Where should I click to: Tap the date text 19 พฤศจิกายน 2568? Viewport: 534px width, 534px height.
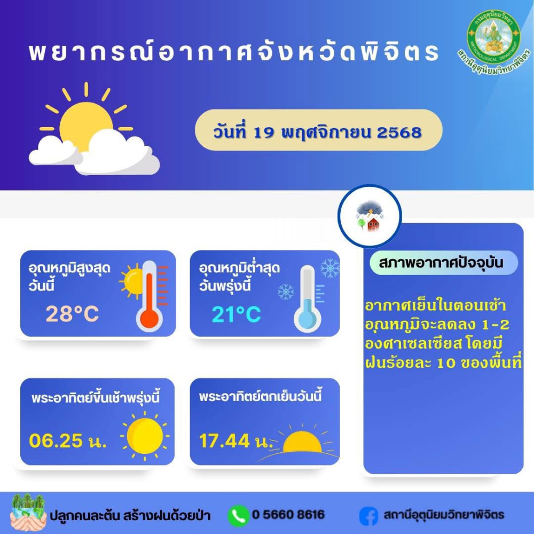tap(337, 132)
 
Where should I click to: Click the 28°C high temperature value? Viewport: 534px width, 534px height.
tap(72, 313)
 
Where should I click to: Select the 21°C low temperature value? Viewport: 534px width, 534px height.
tap(236, 315)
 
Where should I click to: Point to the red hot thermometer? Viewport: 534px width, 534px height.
tap(150, 296)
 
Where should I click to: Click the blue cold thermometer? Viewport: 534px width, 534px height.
tap(308, 299)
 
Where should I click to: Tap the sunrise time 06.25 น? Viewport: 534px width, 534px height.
tap(68, 441)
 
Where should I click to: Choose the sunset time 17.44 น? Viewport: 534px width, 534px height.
tap(235, 441)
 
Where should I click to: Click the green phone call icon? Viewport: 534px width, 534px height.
tap(238, 515)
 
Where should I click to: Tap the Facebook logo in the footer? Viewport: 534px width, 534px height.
tap(368, 516)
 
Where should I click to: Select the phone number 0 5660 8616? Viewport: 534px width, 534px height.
tap(288, 514)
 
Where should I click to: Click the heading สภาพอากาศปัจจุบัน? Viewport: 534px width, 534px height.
tap(441, 263)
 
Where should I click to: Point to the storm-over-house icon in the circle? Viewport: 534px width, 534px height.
tap(370, 216)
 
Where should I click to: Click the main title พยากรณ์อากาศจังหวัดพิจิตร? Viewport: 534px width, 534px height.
tap(234, 52)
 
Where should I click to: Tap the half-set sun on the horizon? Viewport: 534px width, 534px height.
tap(302, 442)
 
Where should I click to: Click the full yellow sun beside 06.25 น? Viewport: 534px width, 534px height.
tap(145, 436)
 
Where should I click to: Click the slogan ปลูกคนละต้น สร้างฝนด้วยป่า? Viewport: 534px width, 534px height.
tap(130, 515)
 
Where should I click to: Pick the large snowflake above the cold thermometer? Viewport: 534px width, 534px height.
tap(330, 268)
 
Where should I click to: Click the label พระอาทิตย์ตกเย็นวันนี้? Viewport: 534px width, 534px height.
tap(260, 397)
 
